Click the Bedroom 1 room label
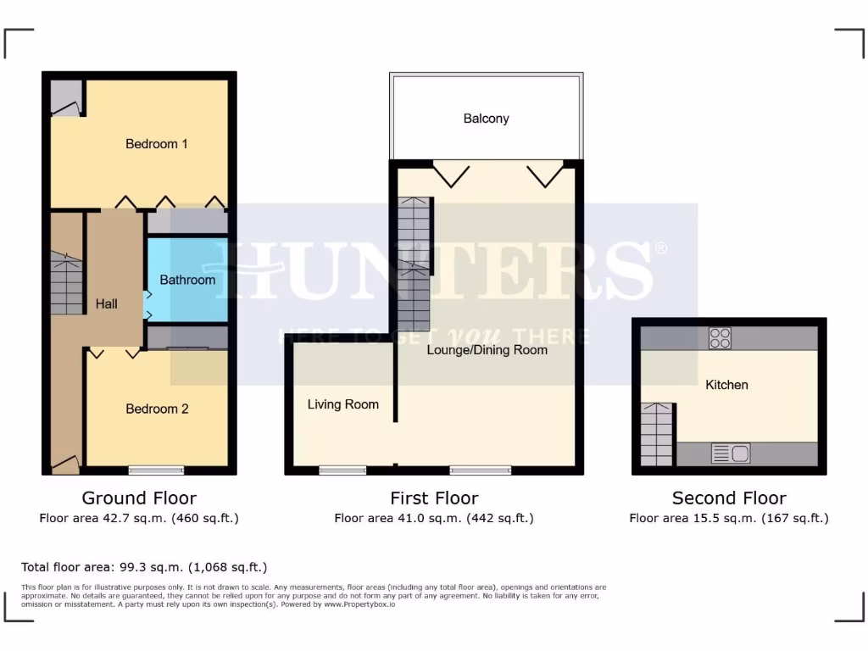pyautogui.click(x=157, y=144)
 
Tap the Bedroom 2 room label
pyautogui.click(x=157, y=409)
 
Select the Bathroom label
pyautogui.click(x=187, y=280)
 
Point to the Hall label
pyautogui.click(x=107, y=303)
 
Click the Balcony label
pyautogui.click(x=486, y=119)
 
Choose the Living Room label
pyautogui.click(x=342, y=404)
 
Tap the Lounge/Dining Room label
pyautogui.click(x=487, y=349)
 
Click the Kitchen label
pyautogui.click(x=726, y=385)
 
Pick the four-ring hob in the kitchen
pyautogui.click(x=720, y=338)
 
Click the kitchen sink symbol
pyautogui.click(x=730, y=453)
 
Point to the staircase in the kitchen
pyautogui.click(x=658, y=433)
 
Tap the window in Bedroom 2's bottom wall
pyautogui.click(x=156, y=470)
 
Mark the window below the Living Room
pyautogui.click(x=342, y=470)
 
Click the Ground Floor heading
pyautogui.click(x=139, y=498)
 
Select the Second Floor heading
pyautogui.click(x=729, y=498)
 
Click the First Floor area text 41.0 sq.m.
pyautogui.click(x=433, y=518)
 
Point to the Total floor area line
pyautogui.click(x=144, y=567)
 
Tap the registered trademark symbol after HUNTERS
pyautogui.click(x=661, y=248)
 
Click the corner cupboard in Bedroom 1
pyautogui.click(x=66, y=98)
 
